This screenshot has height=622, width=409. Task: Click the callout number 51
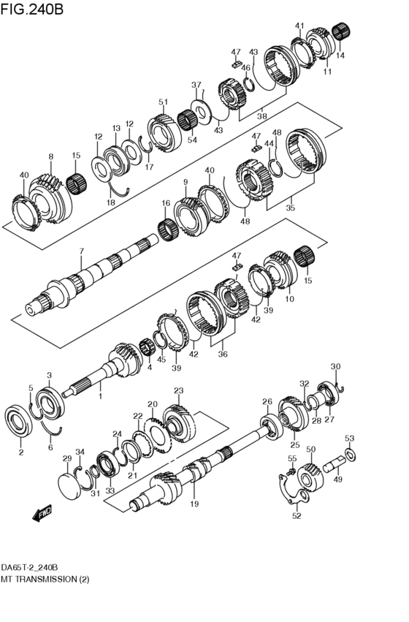tap(164, 102)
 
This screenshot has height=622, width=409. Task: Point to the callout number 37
tap(196, 85)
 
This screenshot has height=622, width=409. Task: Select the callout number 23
tap(178, 390)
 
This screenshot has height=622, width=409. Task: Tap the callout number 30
tap(335, 366)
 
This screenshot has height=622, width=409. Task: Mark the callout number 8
tap(50, 156)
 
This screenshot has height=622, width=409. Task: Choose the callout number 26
tap(267, 401)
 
